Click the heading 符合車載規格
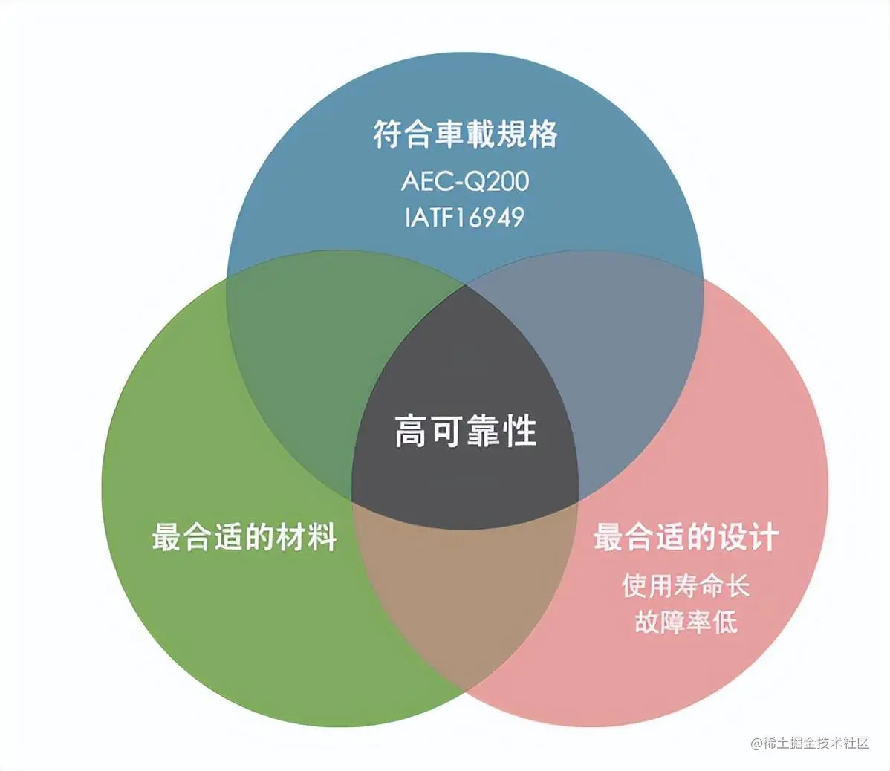pos(465,135)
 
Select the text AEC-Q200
pos(465,181)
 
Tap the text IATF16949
pos(465,217)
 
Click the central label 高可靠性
pos(465,431)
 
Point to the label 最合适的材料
pos(244,536)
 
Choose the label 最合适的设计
pos(686,536)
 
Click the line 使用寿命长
pos(686,586)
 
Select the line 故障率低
pos(686,622)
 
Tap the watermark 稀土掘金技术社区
pos(809,744)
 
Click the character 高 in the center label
pos(410,431)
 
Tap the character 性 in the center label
pos(521,431)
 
